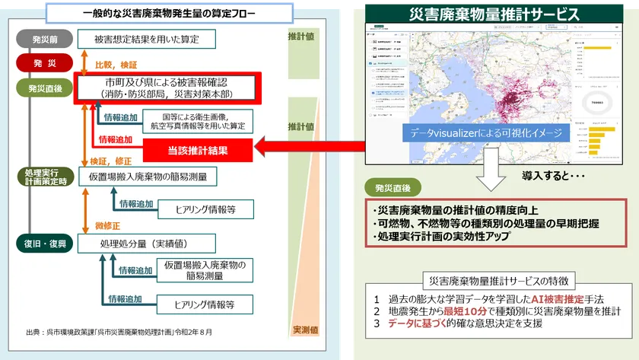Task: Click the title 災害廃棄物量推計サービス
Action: point(494,14)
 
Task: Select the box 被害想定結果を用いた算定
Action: point(147,39)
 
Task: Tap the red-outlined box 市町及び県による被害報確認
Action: point(168,87)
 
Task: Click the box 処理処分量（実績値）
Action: point(147,244)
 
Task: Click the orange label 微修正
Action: point(110,225)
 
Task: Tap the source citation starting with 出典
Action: point(120,332)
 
